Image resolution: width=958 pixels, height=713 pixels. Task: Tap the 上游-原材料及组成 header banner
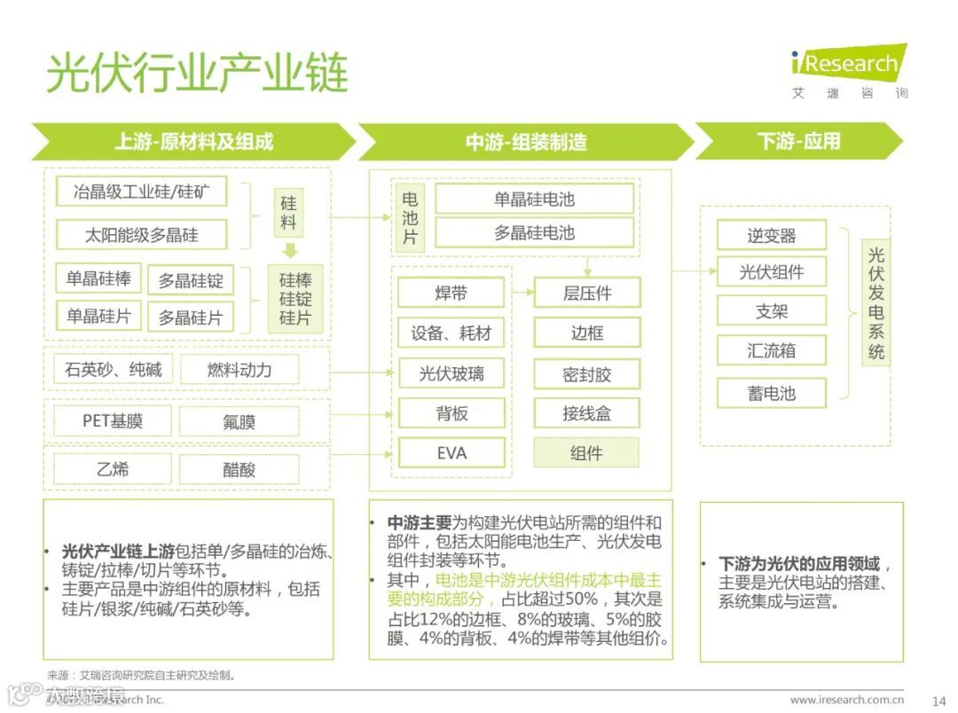click(193, 142)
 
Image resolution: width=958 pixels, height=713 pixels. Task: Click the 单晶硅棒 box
click(98, 278)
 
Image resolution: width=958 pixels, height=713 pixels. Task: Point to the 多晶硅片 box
click(191, 317)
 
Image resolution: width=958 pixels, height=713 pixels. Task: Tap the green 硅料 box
click(289, 213)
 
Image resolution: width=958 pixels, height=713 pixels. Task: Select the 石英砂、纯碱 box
click(113, 370)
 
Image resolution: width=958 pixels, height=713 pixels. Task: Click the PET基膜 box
click(113, 421)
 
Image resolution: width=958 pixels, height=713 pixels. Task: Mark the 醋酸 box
click(239, 469)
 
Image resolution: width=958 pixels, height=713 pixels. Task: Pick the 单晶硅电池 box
click(534, 199)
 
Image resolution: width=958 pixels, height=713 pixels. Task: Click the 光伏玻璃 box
click(452, 373)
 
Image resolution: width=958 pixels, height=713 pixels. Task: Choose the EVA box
click(452, 452)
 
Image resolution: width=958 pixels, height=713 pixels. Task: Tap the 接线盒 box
click(586, 412)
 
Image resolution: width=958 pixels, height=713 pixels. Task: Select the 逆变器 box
click(771, 236)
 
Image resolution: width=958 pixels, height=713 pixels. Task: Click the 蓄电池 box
click(771, 393)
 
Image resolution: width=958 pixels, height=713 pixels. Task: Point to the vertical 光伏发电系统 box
click(876, 302)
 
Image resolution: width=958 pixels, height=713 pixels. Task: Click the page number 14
click(939, 701)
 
